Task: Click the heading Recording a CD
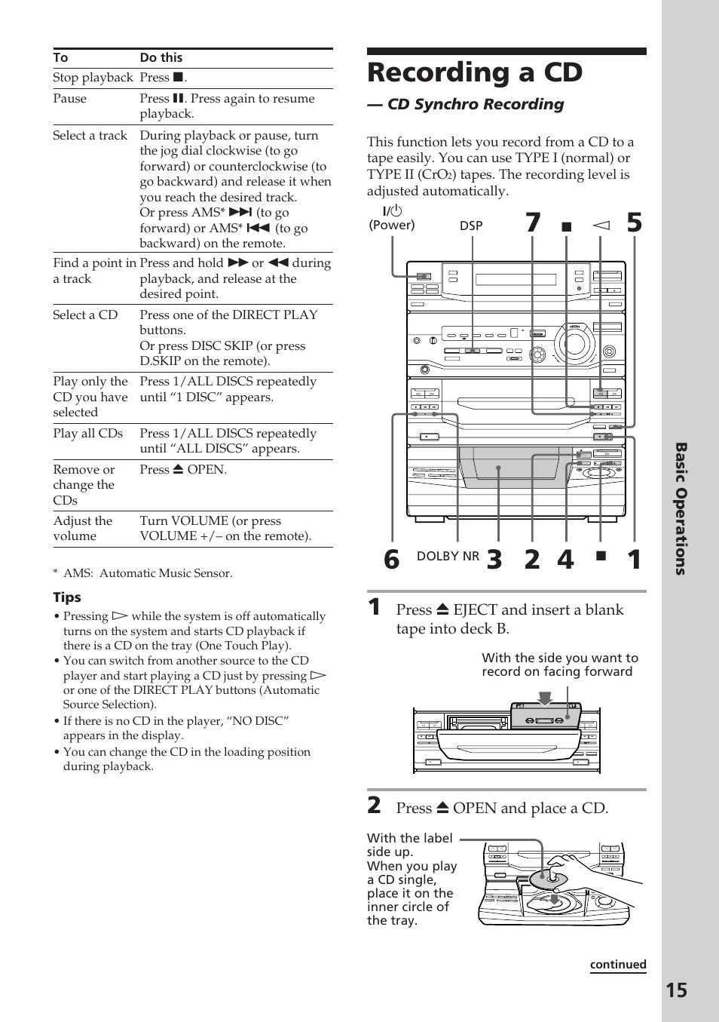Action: [x=475, y=72]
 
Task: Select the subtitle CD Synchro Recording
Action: [x=475, y=104]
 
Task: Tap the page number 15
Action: [x=676, y=990]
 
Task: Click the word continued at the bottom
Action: [x=617, y=964]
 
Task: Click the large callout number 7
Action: [x=533, y=223]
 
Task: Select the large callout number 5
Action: [x=634, y=223]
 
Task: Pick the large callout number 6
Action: [x=391, y=559]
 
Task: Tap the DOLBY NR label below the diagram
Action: [x=448, y=556]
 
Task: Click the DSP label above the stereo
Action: [x=471, y=226]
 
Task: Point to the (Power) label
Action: [x=391, y=225]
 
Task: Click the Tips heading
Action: [x=67, y=597]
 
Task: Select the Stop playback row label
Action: [x=93, y=78]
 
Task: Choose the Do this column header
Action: [x=161, y=58]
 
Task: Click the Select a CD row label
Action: [x=85, y=315]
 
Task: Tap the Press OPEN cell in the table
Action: [x=183, y=469]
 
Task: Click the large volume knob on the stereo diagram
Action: [x=574, y=344]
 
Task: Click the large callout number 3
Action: [x=494, y=559]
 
